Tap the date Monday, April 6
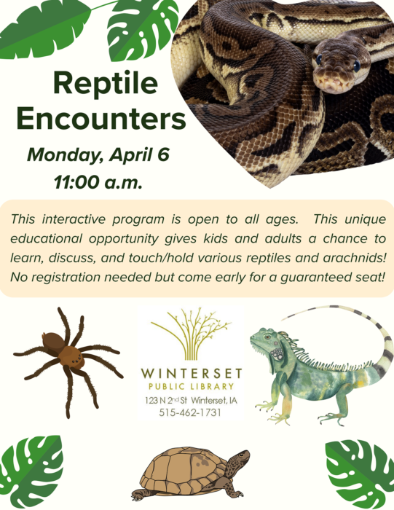coord(98,154)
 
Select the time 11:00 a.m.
coord(98,182)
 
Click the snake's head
coord(338,69)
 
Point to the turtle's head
coord(240,459)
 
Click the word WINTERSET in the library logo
coord(192,373)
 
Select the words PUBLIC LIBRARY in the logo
coord(192,386)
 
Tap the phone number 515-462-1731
coord(190,412)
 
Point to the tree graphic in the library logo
coord(192,334)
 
